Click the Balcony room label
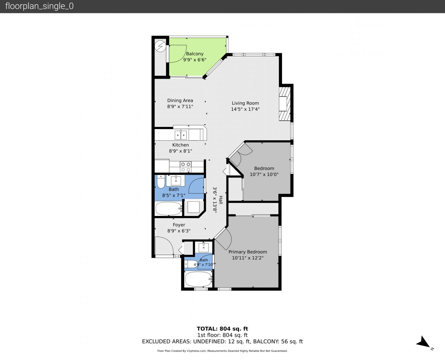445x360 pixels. (x=195, y=54)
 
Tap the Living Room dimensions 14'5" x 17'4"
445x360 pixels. (x=245, y=109)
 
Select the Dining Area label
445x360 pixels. (x=180, y=100)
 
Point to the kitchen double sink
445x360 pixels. (x=181, y=135)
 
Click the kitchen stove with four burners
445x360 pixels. (x=186, y=167)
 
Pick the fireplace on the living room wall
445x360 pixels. (x=285, y=104)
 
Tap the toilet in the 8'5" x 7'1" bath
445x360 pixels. (x=161, y=182)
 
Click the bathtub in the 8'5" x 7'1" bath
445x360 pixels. (x=169, y=209)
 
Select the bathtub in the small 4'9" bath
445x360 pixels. (x=199, y=279)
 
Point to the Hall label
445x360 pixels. (x=221, y=200)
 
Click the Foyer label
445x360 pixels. (x=179, y=225)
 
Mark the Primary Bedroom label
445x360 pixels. (x=248, y=252)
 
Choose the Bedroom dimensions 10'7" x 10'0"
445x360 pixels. (x=264, y=174)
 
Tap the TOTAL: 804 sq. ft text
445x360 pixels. (x=222, y=329)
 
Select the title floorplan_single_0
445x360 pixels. (x=39, y=6)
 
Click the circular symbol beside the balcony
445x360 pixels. (x=160, y=46)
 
